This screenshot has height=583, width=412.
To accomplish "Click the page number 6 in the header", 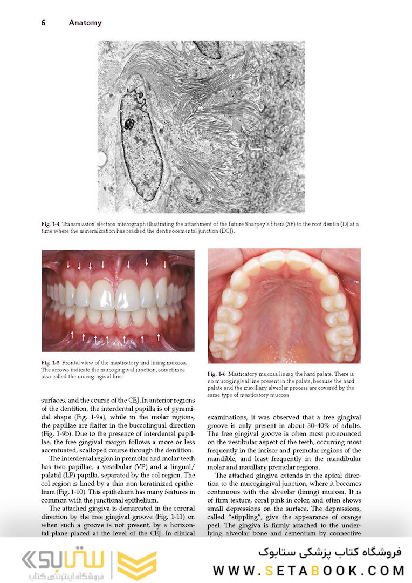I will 43,23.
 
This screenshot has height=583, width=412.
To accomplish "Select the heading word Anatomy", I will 85,23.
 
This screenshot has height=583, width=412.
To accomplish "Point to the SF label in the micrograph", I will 232,77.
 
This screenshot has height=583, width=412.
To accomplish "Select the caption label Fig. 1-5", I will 51,363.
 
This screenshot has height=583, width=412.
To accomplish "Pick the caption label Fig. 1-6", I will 217,374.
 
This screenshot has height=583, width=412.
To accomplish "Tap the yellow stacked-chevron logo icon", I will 136,565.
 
